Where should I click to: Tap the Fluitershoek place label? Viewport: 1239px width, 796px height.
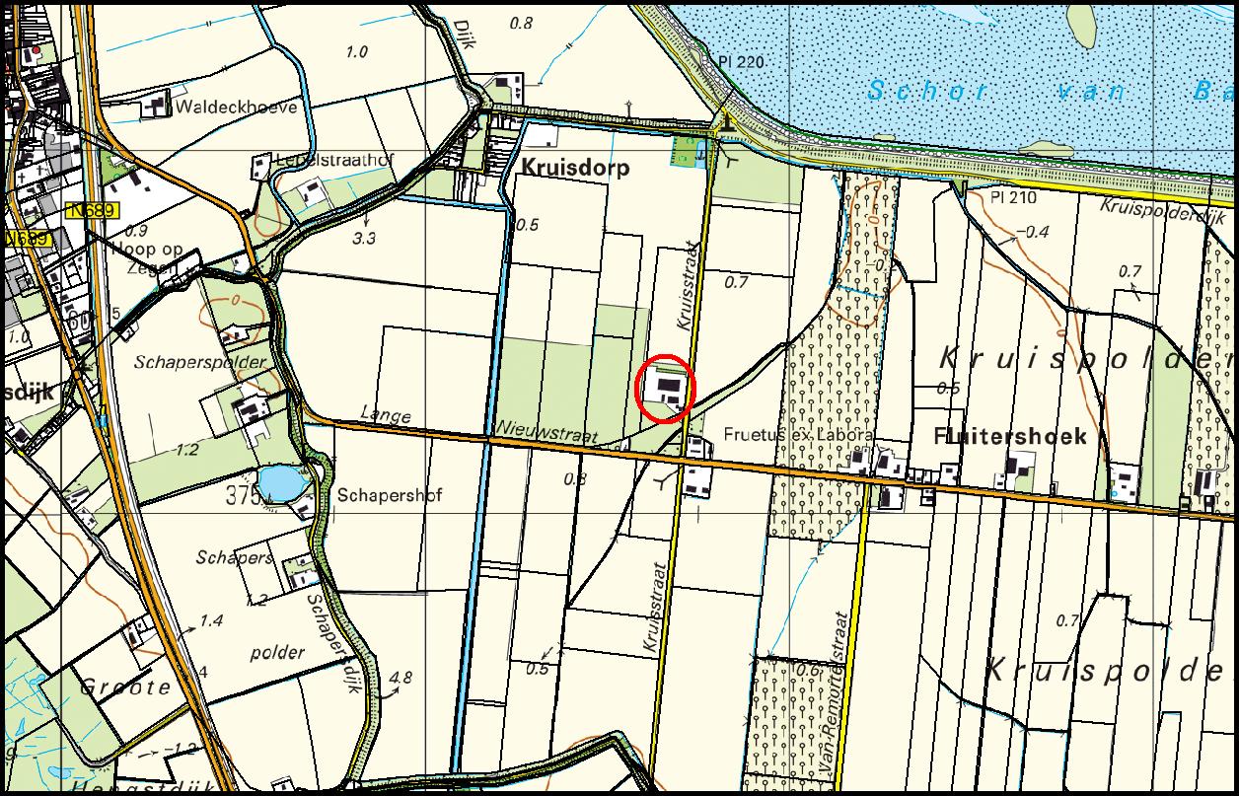[x=1010, y=437]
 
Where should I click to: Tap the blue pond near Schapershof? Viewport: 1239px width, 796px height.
[x=282, y=483]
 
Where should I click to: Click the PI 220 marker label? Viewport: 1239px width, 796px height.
[x=741, y=62]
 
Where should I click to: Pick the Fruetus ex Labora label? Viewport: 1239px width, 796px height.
[x=798, y=434]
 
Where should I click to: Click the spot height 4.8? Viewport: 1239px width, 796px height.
[x=401, y=678]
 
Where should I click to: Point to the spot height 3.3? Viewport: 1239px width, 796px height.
[x=364, y=238]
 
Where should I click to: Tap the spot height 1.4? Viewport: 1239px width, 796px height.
[x=211, y=620]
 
